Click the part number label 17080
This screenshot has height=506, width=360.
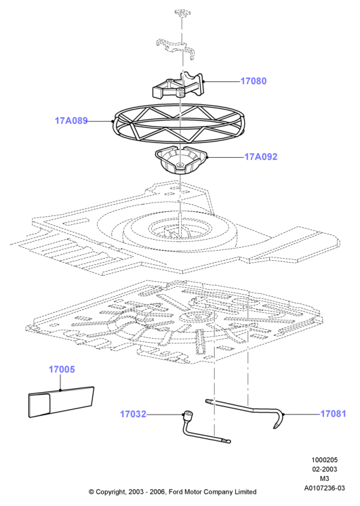pyautogui.click(x=254, y=81)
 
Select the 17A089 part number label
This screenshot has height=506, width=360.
pyautogui.click(x=71, y=121)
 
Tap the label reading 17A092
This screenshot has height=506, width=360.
pyautogui.click(x=261, y=157)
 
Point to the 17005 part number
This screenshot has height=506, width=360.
pyautogui.click(x=62, y=369)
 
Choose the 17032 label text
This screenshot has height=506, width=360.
pyautogui.click(x=133, y=414)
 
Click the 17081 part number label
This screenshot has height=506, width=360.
pyautogui.click(x=333, y=414)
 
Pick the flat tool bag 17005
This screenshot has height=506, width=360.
pyautogui.click(x=61, y=402)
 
